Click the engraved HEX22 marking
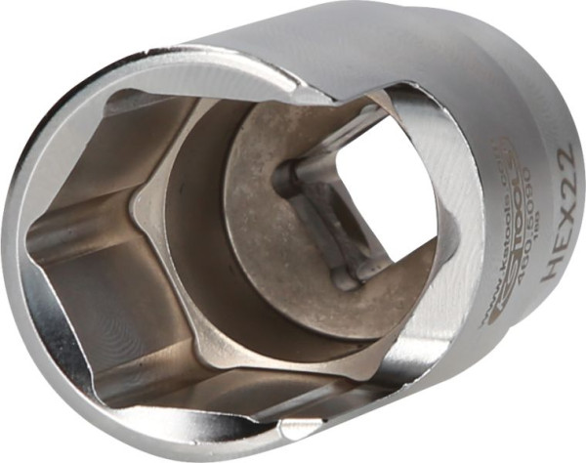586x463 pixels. click(557, 210)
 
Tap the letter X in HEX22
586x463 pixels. click(558, 212)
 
